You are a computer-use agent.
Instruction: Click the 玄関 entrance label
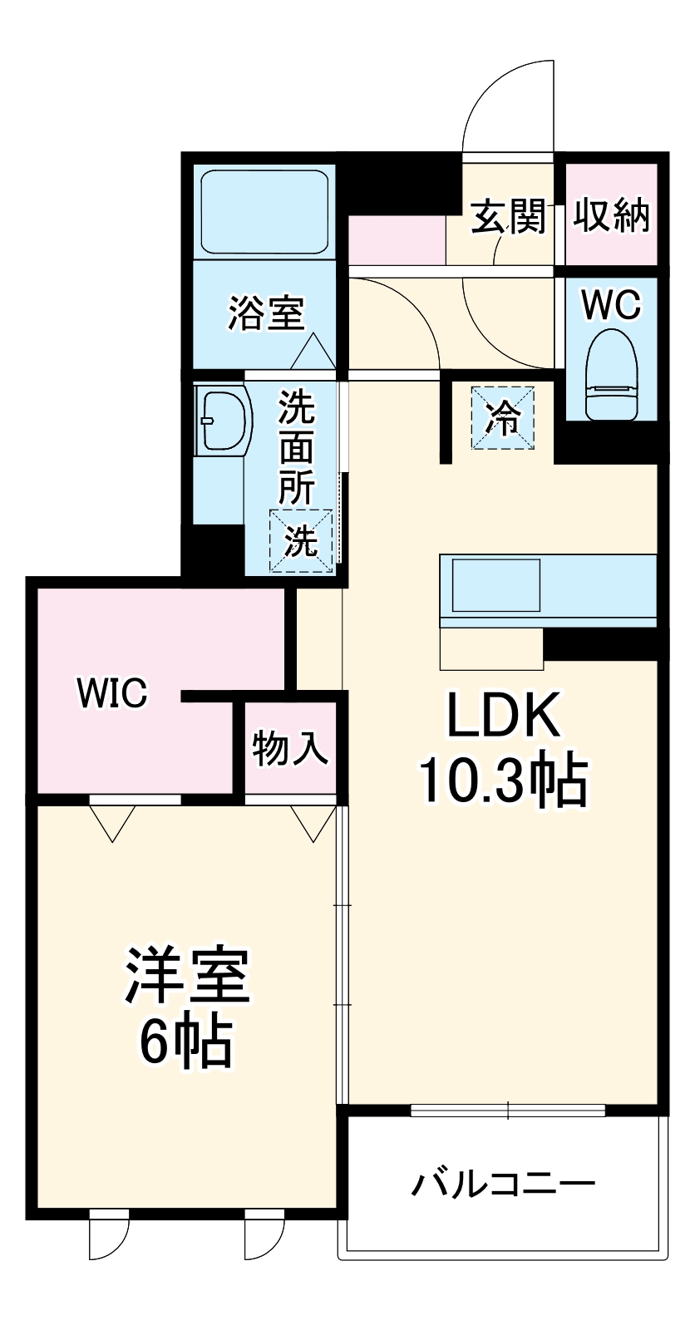point(509,217)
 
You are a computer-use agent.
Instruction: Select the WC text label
point(611,305)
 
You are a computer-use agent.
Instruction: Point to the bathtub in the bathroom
point(264,213)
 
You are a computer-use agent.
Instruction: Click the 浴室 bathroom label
point(266,313)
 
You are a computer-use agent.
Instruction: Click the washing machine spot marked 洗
point(301,541)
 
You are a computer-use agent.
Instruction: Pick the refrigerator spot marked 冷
point(503,418)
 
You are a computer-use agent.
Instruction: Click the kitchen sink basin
point(495,585)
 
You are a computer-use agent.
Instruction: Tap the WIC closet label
point(112,692)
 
